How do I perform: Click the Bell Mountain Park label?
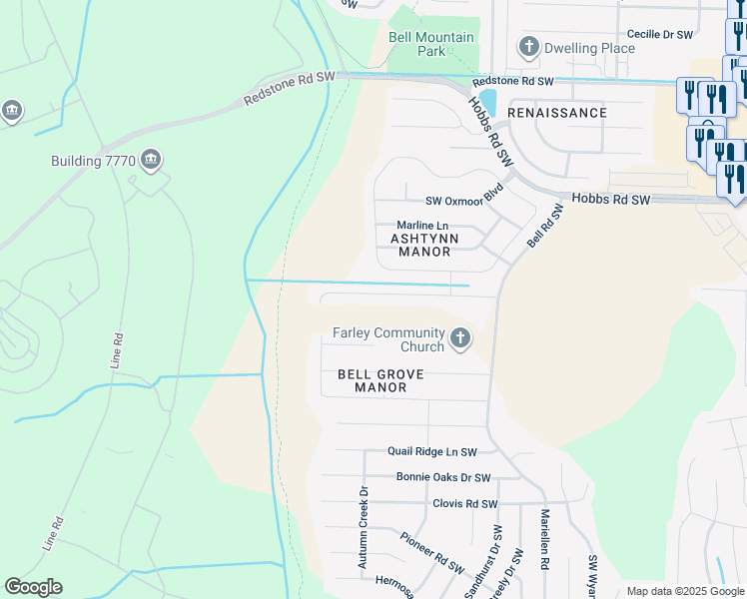[430, 44]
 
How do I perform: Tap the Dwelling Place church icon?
[528, 47]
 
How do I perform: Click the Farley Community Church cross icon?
[459, 339]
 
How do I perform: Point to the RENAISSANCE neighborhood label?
[556, 113]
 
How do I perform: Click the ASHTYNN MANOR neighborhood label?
[424, 246]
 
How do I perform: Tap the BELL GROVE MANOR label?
[380, 380]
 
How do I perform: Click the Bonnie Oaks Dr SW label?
[443, 478]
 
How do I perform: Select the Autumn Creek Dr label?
[364, 527]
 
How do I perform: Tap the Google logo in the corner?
[33, 587]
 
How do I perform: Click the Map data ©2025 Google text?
[684, 591]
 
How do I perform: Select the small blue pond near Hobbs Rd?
[474, 102]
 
